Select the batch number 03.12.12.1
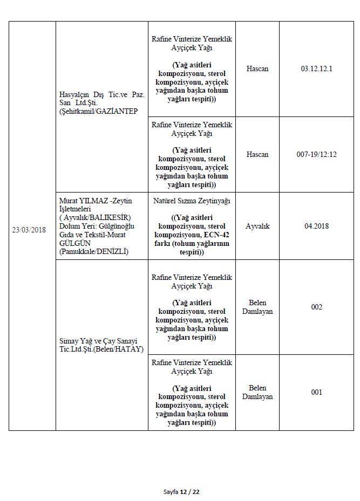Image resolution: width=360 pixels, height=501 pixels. [317, 69]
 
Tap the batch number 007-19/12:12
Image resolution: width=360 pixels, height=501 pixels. [317, 154]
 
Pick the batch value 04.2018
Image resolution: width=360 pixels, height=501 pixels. [317, 226]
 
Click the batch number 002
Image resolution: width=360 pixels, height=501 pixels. [317, 307]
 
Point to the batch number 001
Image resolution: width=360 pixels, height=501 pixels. [317, 392]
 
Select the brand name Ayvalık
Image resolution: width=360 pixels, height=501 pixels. [257, 226]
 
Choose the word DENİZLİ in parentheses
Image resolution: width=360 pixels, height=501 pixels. [111, 251]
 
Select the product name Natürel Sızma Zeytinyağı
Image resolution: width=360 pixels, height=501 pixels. [192, 201]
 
